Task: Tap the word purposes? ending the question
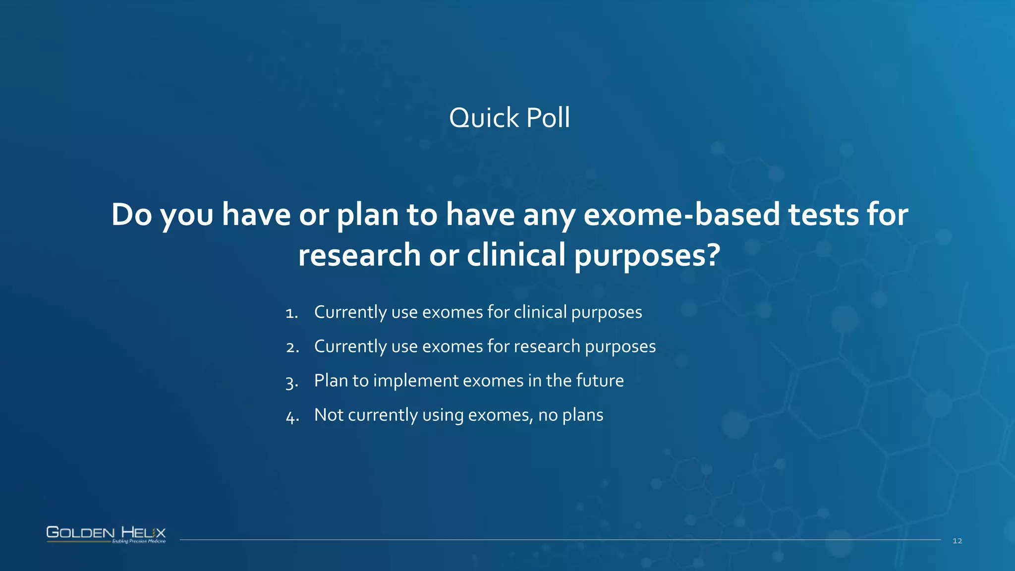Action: pyautogui.click(x=647, y=255)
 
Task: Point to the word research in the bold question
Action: pyautogui.click(x=359, y=255)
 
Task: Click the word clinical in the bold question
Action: pyautogui.click(x=516, y=255)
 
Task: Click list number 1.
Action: pyautogui.click(x=291, y=313)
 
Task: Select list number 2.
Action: pyautogui.click(x=292, y=347)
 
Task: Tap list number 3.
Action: pyautogui.click(x=292, y=382)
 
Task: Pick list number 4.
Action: pyautogui.click(x=292, y=416)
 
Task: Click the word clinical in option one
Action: pyautogui.click(x=540, y=312)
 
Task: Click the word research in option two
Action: pyautogui.click(x=547, y=346)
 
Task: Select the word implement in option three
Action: pyautogui.click(x=415, y=381)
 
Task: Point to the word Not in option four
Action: pyautogui.click(x=329, y=415)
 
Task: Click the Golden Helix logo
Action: pyautogui.click(x=106, y=532)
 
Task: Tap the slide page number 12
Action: pyautogui.click(x=957, y=541)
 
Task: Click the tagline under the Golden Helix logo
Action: pyautogui.click(x=139, y=541)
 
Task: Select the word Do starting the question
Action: pyautogui.click(x=131, y=215)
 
